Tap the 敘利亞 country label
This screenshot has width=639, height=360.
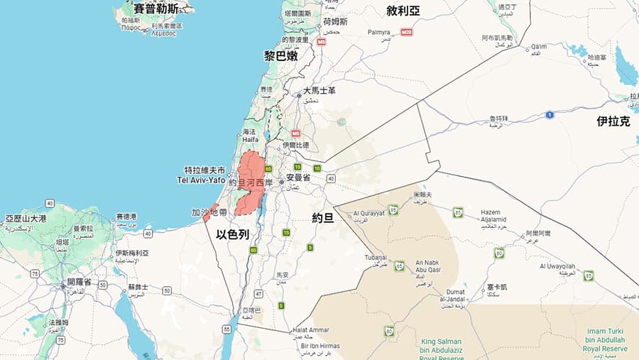403,11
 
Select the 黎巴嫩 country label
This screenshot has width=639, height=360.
280,55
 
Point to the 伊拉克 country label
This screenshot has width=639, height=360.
613,121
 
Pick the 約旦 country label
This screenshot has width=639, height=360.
323,218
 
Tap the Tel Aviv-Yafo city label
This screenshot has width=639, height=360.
201,176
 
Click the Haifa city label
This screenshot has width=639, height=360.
249,136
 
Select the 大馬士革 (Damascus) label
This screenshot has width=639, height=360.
319,91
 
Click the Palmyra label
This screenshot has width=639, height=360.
379,33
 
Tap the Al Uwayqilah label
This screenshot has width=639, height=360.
557,266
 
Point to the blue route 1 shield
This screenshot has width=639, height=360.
550,115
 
